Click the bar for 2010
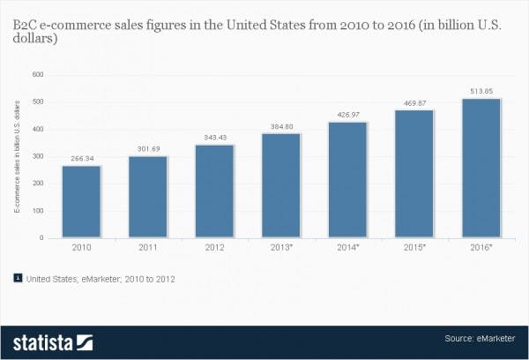pyautogui.click(x=81, y=201)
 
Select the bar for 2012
pyautogui.click(x=214, y=191)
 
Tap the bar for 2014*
pyautogui.click(x=347, y=179)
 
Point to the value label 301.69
pyautogui.click(x=148, y=149)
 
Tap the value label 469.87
pyautogui.click(x=414, y=103)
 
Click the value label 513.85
pyautogui.click(x=481, y=91)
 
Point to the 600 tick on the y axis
pyautogui.click(x=37, y=74)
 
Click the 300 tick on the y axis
pyautogui.click(x=37, y=156)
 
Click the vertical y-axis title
pyautogui.click(x=17, y=157)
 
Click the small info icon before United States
pyautogui.click(x=17, y=277)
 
